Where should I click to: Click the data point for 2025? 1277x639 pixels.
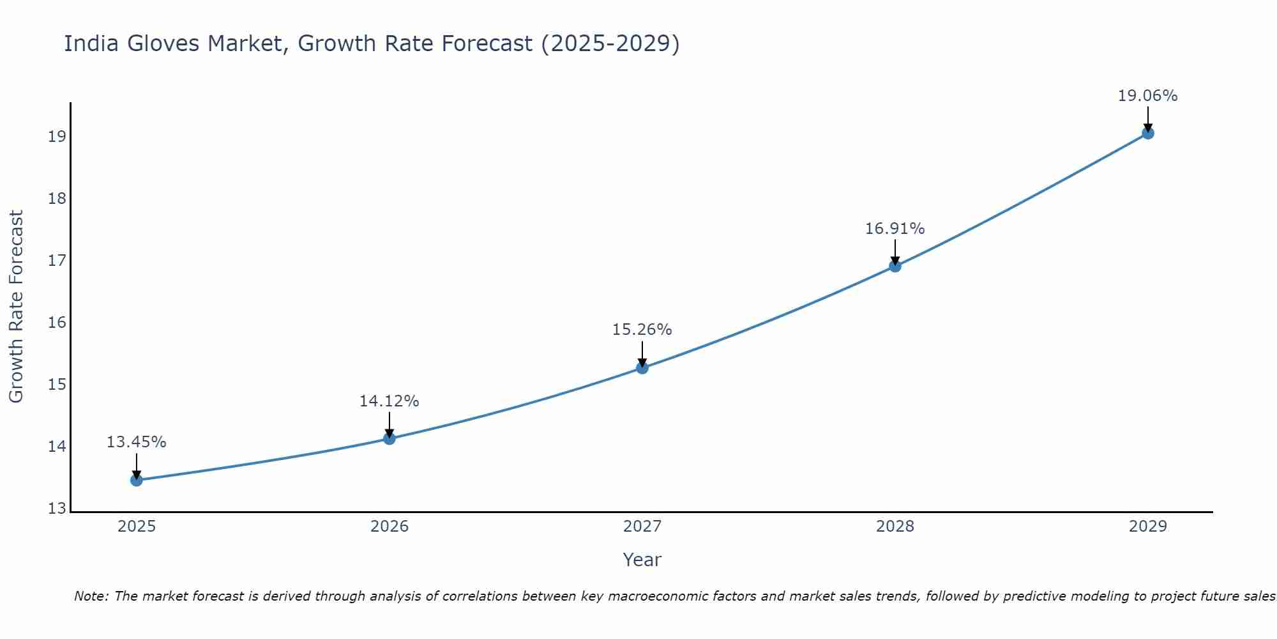click(136, 480)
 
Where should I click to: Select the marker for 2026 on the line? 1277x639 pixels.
click(389, 438)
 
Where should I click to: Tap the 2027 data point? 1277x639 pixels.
click(642, 367)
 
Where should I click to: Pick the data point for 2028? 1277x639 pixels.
click(895, 266)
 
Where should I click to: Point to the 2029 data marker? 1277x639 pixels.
click(1147, 133)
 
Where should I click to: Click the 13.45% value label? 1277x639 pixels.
click(136, 442)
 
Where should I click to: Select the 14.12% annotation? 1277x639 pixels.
click(389, 401)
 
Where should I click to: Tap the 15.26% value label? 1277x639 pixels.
click(642, 330)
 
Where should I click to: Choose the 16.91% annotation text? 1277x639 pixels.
click(895, 229)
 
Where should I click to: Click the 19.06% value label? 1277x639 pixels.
click(1147, 96)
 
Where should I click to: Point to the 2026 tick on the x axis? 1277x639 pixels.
click(389, 527)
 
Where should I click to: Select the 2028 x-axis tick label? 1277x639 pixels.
click(895, 527)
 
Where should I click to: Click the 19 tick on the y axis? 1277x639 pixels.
click(57, 137)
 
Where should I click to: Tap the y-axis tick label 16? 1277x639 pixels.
click(57, 322)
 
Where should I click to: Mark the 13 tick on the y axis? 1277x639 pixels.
click(57, 509)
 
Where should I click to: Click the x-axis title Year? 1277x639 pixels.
click(642, 560)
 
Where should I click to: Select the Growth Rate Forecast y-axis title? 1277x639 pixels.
click(16, 307)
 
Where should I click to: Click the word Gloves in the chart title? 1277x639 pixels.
click(163, 43)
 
